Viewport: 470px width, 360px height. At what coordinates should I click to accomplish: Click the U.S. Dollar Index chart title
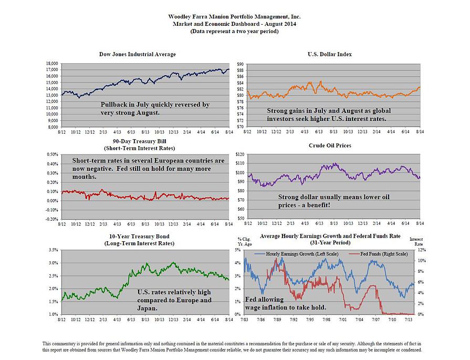[x=329, y=54]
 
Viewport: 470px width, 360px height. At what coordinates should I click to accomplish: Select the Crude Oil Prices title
[x=329, y=145]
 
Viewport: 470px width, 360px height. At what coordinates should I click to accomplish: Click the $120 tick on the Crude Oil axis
[x=240, y=155]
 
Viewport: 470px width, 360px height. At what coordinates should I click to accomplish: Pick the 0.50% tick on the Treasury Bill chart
[x=50, y=155]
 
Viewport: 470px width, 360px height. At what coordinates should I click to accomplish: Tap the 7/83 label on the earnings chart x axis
[x=244, y=319]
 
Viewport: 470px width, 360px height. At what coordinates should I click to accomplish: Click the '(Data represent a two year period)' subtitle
[x=234, y=32]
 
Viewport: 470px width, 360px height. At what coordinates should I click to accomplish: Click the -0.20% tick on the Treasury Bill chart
[x=50, y=218]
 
